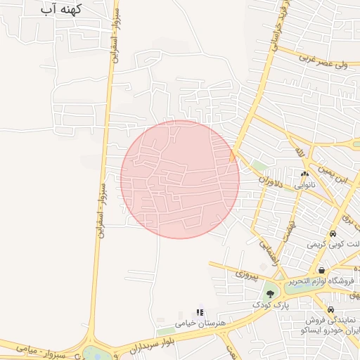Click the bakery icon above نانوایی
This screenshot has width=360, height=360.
pyautogui.click(x=304, y=174)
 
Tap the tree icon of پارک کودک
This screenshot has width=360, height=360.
pyautogui.click(x=271, y=294)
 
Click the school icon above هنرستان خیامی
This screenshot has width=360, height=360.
pyautogui.click(x=199, y=311)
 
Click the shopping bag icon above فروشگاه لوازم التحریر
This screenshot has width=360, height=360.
pyautogui.click(x=321, y=271)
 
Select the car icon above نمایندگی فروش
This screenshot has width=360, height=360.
pyautogui.click(x=330, y=310)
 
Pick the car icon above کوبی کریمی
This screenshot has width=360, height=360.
pyautogui.click(x=333, y=234)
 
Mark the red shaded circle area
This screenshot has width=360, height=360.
pyautogui.click(x=180, y=179)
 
